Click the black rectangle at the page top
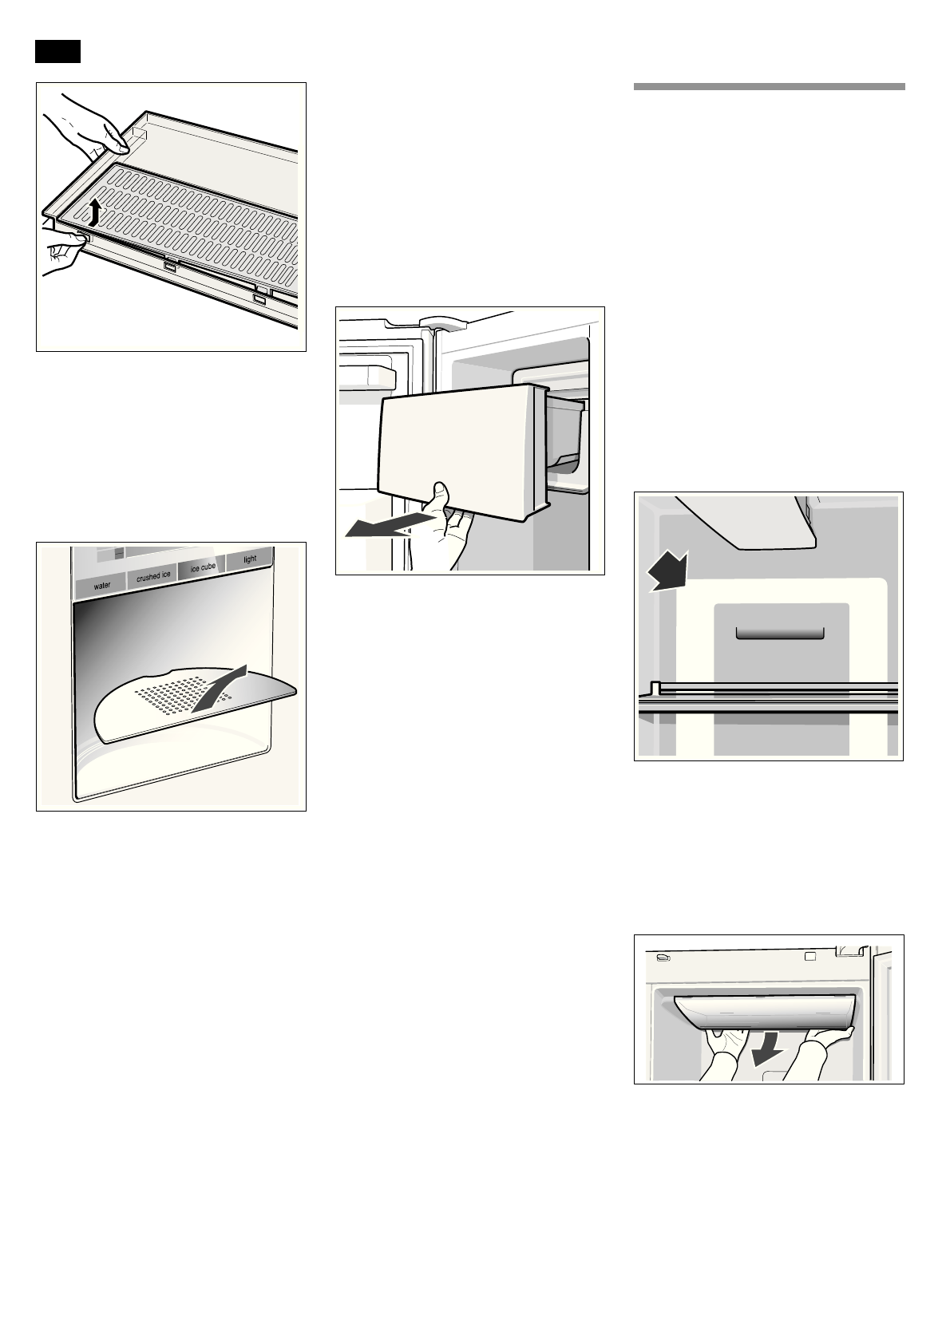(x=57, y=51)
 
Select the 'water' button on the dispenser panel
(x=102, y=586)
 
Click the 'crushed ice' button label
(x=152, y=576)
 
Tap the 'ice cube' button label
(x=202, y=567)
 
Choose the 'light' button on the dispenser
(x=250, y=559)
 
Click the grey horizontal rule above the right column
(x=769, y=87)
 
